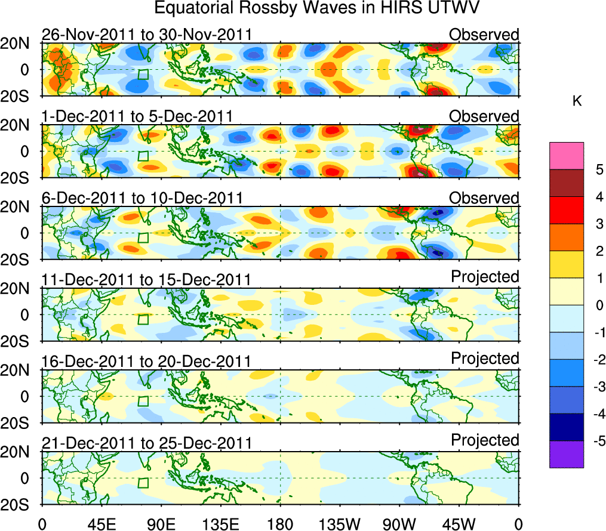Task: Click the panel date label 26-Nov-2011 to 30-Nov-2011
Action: (x=146, y=35)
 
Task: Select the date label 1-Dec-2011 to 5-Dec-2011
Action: (x=137, y=116)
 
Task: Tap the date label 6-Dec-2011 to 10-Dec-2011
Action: (x=141, y=198)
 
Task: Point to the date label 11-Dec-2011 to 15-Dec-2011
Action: (x=146, y=279)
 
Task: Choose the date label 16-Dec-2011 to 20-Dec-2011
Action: (x=146, y=361)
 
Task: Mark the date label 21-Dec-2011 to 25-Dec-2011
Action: (x=146, y=443)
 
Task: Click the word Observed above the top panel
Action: (x=484, y=35)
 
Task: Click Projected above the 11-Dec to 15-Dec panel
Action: (x=485, y=276)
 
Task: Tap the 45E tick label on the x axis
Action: (x=101, y=524)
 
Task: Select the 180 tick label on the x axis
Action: (x=280, y=524)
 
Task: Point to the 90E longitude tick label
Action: (x=161, y=524)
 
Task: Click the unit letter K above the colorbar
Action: (x=577, y=101)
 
